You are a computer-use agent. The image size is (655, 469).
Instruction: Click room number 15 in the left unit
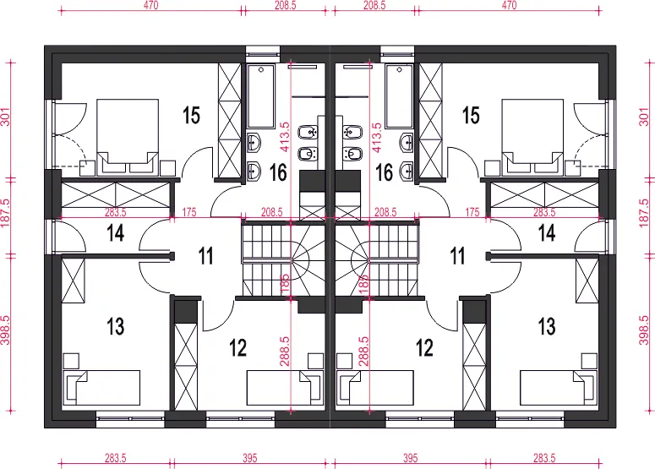click(191, 115)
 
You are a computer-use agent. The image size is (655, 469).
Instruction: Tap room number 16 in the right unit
click(384, 172)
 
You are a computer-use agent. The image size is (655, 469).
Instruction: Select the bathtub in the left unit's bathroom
click(260, 96)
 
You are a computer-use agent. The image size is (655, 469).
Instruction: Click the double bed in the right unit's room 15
click(532, 137)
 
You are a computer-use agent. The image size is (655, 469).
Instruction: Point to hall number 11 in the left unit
click(205, 255)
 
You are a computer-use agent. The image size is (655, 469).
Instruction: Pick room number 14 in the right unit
click(547, 232)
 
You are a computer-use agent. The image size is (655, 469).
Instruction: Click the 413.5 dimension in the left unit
click(285, 137)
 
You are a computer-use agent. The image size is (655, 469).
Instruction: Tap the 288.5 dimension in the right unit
click(364, 352)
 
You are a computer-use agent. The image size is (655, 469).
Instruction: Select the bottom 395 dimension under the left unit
click(249, 458)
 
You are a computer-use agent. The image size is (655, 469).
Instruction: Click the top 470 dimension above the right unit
click(509, 5)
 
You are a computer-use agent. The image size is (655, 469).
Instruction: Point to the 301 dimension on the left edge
click(5, 117)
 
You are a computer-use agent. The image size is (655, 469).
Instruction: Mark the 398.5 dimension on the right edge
click(644, 330)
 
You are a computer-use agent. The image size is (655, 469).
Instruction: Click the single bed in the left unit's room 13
click(101, 387)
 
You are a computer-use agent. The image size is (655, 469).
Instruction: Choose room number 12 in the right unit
click(424, 347)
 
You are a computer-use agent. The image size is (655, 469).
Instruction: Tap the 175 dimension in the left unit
click(189, 212)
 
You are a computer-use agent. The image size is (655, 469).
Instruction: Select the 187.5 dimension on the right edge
click(644, 214)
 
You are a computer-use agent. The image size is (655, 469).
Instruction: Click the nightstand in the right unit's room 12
click(344, 361)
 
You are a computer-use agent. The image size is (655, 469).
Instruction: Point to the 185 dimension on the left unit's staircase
click(285, 284)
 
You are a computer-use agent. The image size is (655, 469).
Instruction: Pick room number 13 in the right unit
click(547, 326)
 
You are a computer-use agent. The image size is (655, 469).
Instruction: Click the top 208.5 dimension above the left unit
click(286, 5)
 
